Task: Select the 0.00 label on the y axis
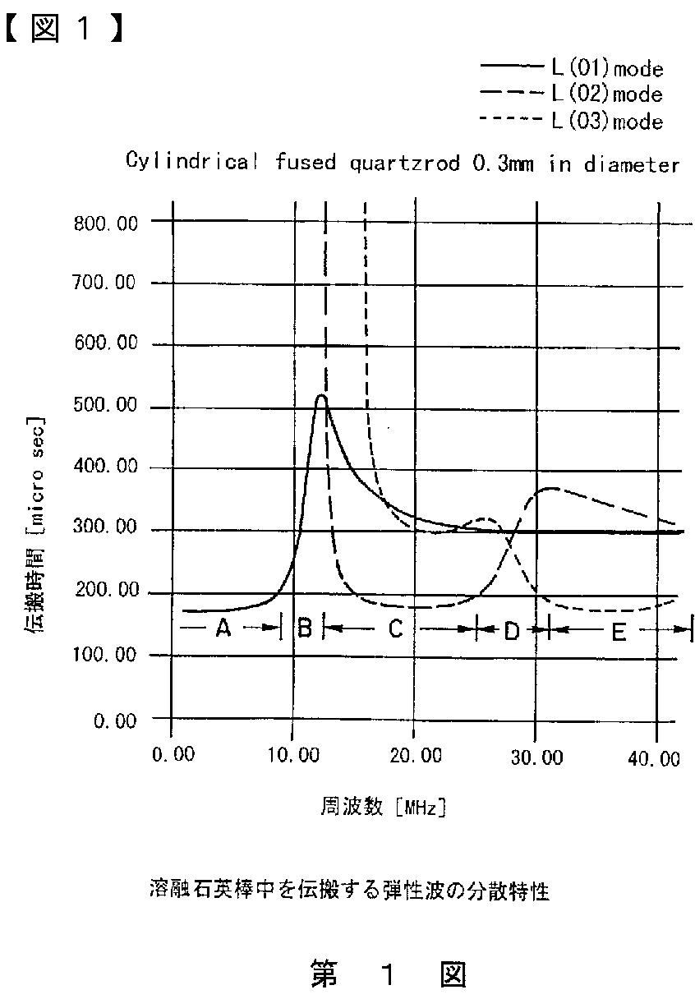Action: pyautogui.click(x=114, y=720)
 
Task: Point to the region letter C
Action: pyautogui.click(x=395, y=629)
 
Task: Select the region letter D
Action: pyautogui.click(x=512, y=631)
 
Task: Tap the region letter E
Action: pyautogui.click(x=618, y=632)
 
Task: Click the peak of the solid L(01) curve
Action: pyautogui.click(x=321, y=396)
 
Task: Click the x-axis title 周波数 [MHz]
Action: pyautogui.click(x=383, y=807)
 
